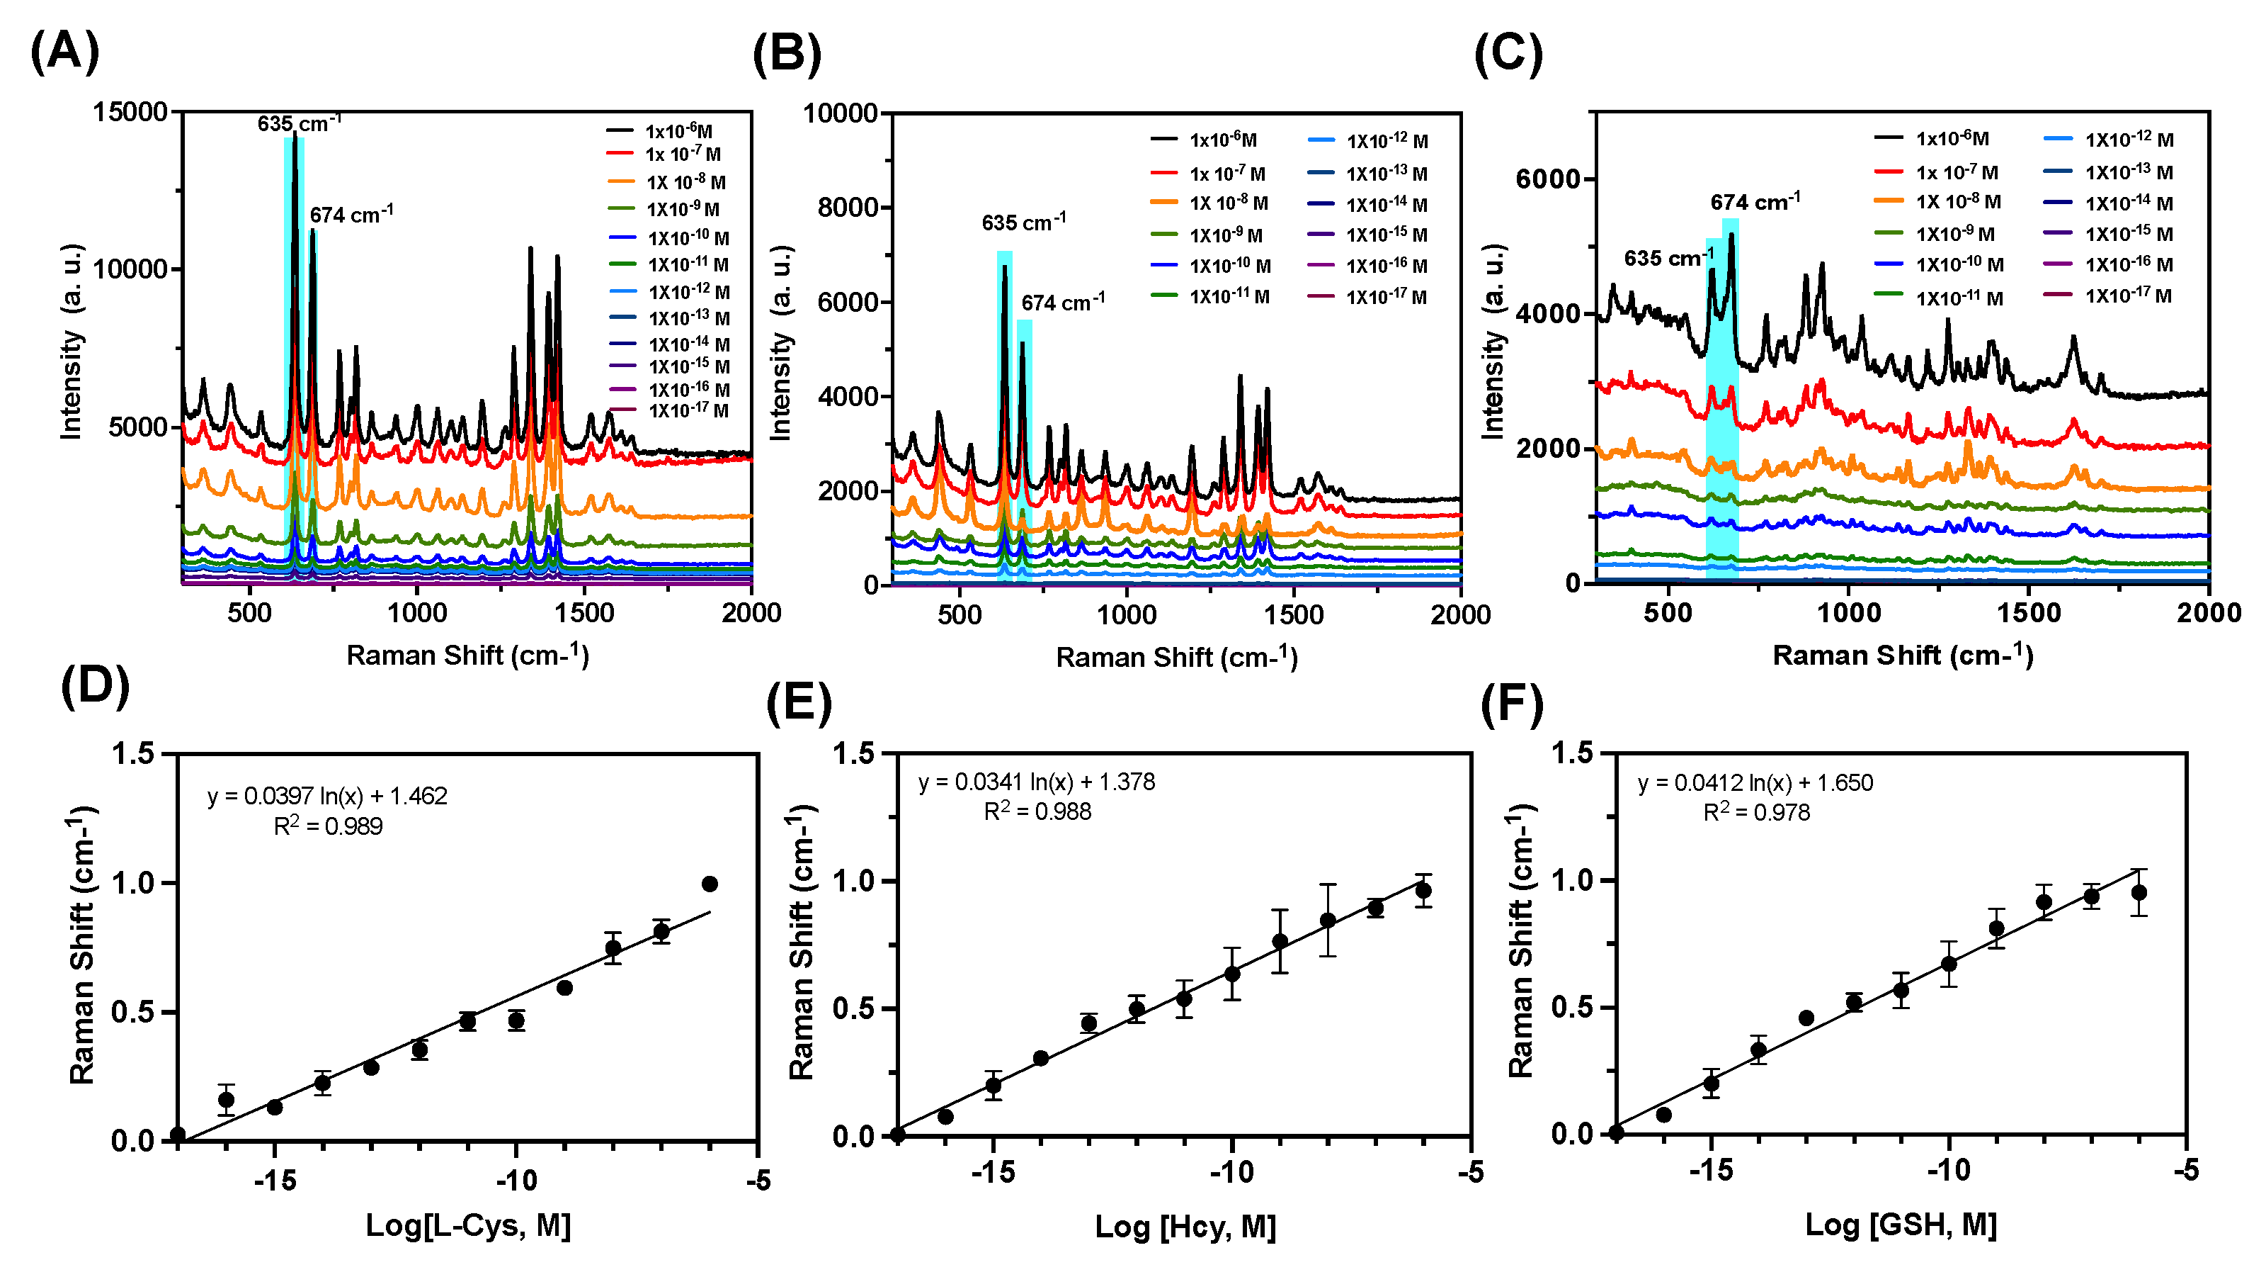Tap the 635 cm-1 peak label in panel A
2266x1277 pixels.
click(299, 123)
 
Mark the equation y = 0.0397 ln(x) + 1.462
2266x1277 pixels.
click(327, 797)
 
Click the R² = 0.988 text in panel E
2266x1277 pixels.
click(1037, 811)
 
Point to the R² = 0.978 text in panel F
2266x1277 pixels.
click(1756, 812)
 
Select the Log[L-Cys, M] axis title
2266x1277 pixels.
click(468, 1225)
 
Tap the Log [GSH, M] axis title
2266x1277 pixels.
click(1900, 1225)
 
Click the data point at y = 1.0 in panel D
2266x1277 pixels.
click(710, 884)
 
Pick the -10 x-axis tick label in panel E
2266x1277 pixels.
click(1231, 1172)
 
